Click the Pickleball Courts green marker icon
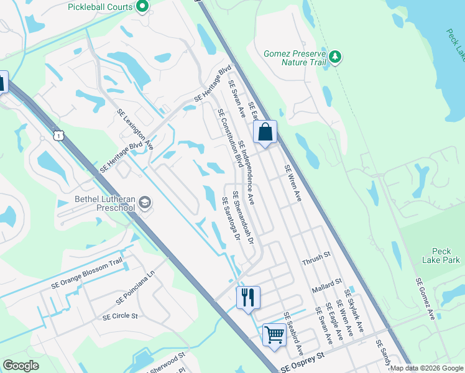click(x=142, y=7)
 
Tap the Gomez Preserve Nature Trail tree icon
click(x=336, y=57)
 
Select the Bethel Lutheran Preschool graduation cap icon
click(x=145, y=203)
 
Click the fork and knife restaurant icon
click(x=247, y=296)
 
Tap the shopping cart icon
click(x=274, y=334)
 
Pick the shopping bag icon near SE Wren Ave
click(x=265, y=132)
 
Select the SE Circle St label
click(x=120, y=316)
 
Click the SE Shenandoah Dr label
click(x=244, y=216)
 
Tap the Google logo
click(x=21, y=366)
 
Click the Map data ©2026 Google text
click(x=426, y=368)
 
